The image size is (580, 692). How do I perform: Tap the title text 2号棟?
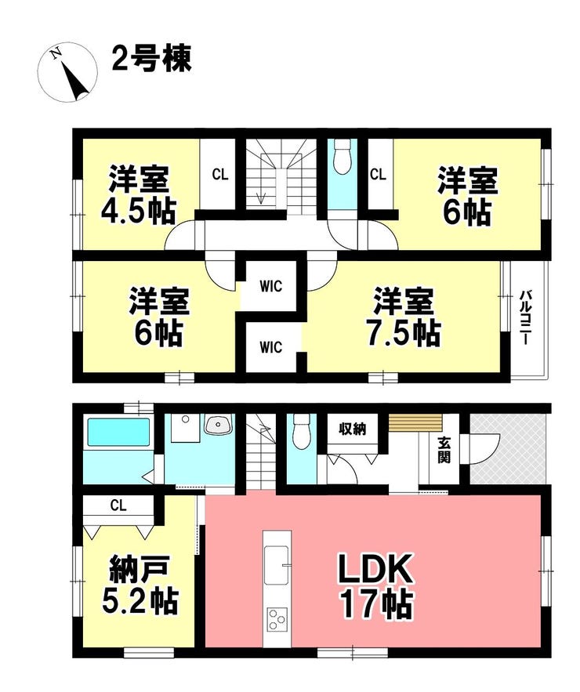click(x=151, y=60)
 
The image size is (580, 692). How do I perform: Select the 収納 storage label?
click(x=352, y=430)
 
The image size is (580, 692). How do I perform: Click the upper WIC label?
click(x=271, y=285)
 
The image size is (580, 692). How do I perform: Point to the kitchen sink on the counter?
click(x=277, y=566)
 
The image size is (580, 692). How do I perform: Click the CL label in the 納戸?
click(x=118, y=504)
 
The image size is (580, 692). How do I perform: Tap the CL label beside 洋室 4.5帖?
click(x=219, y=174)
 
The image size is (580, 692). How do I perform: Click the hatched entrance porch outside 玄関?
click(x=508, y=450)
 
